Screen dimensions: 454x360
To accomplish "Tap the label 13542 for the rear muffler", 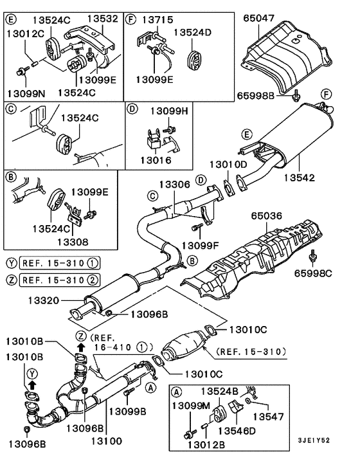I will pyautogui.click(x=319, y=176).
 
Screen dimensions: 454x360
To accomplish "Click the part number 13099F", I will pyautogui.click(x=201, y=246).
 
